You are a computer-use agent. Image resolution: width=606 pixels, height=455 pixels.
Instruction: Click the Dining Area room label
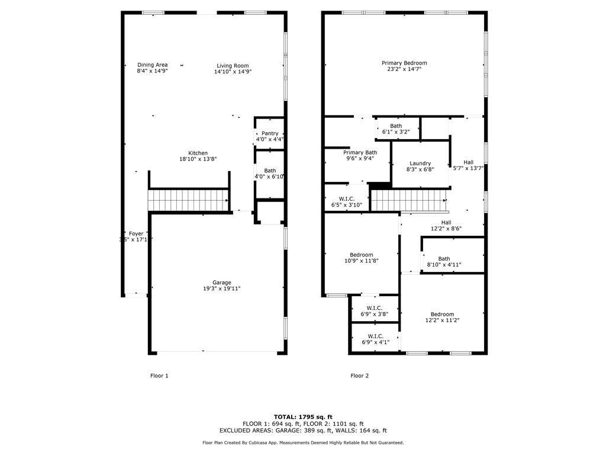tap(152, 65)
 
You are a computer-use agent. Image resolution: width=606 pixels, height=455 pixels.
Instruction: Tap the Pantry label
tap(270, 133)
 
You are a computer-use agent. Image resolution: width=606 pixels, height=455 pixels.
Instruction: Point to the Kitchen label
tap(198, 153)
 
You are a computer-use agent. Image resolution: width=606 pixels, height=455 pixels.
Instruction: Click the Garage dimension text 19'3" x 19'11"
tap(222, 289)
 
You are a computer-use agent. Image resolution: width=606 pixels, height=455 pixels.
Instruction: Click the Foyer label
tap(136, 233)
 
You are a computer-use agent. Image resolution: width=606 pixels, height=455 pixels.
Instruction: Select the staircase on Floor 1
tap(188, 200)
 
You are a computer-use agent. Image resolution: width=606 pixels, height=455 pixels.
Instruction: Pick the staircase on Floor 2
tap(408, 200)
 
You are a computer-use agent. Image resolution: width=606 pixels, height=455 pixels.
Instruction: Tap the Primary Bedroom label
tap(404, 63)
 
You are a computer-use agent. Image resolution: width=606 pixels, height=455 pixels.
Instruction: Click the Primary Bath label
tap(360, 152)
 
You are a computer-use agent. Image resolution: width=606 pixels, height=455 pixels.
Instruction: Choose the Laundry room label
tap(420, 163)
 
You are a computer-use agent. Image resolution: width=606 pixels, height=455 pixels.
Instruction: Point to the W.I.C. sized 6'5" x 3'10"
tap(346, 201)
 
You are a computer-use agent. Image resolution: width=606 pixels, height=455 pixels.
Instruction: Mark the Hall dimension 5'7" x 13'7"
tap(468, 168)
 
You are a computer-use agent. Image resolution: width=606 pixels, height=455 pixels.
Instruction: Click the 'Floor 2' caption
tap(359, 376)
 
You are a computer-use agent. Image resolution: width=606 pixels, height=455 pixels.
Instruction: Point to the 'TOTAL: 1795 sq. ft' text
tap(302, 416)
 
